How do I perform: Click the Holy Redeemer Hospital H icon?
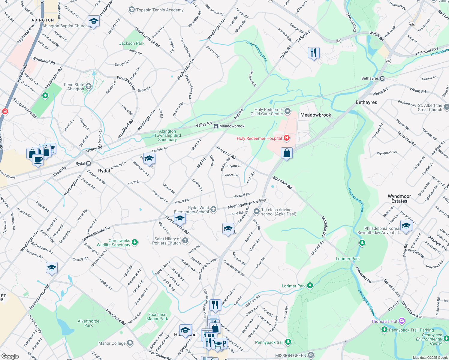[x=287, y=138]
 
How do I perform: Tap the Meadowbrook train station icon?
[x=216, y=126]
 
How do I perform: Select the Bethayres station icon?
[x=382, y=79]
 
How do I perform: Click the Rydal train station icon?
[x=89, y=163]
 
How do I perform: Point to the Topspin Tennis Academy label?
[x=160, y=10]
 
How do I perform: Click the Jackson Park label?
[x=132, y=43]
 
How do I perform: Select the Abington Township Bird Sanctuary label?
[x=167, y=135]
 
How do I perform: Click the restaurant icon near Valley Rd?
[x=314, y=53]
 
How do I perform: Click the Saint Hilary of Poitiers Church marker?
[x=185, y=240]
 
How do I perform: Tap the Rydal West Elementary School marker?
[x=213, y=209]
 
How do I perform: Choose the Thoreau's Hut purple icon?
[x=402, y=321]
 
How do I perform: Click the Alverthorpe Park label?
[x=89, y=323]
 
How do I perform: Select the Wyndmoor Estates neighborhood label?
[x=399, y=199]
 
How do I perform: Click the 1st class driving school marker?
[x=257, y=211]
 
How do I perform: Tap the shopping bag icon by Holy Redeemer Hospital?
[x=287, y=153]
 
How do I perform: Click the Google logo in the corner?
[x=10, y=356]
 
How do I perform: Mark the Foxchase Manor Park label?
[x=157, y=316]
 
